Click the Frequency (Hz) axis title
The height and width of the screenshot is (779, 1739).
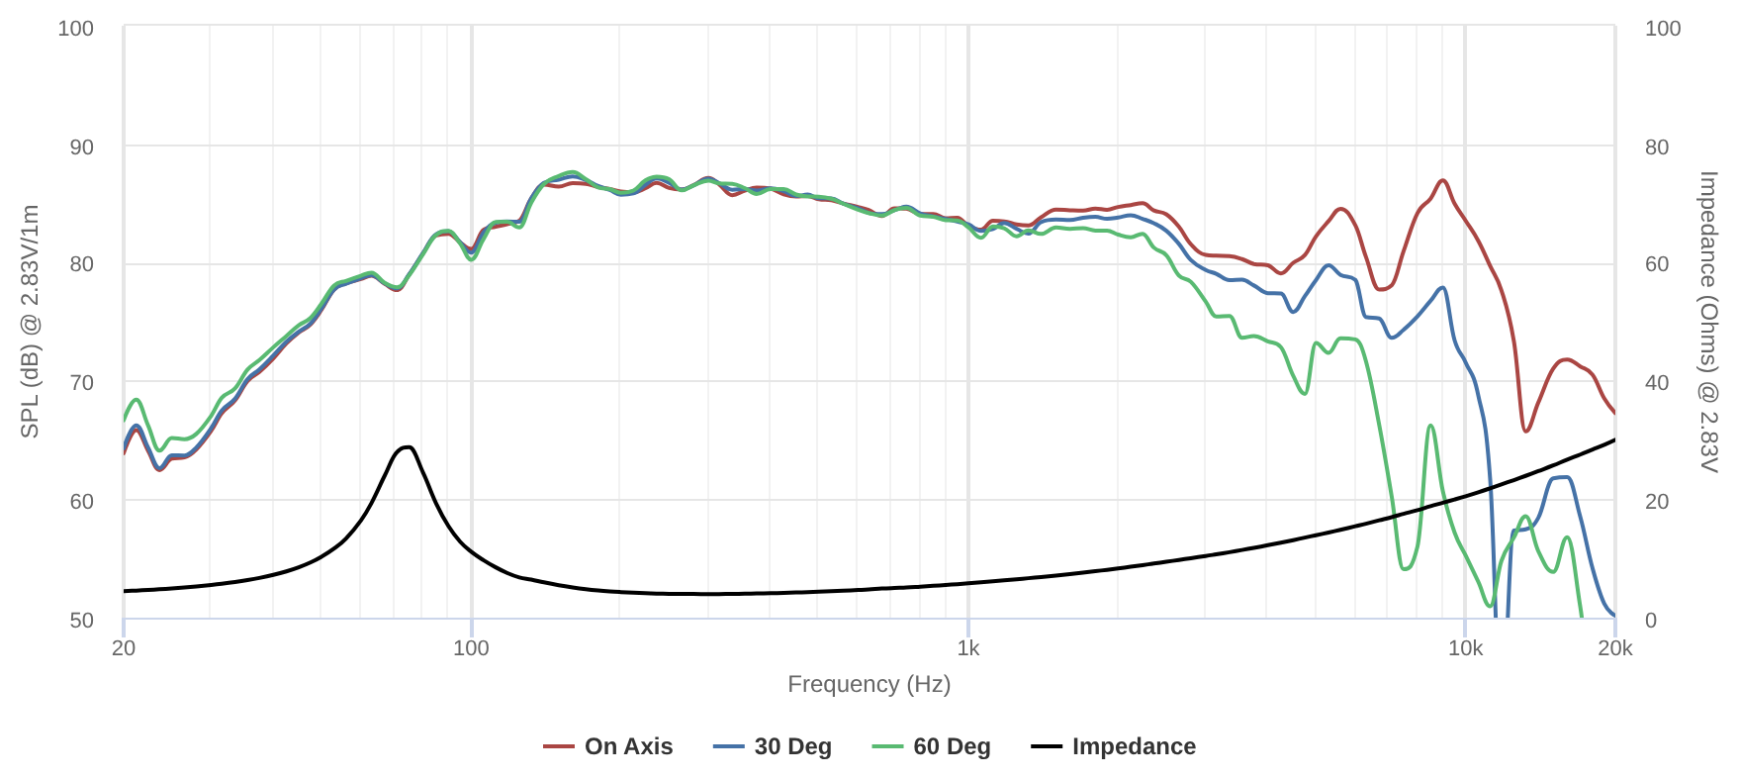pyautogui.click(x=869, y=684)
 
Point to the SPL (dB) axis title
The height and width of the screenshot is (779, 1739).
pyautogui.click(x=31, y=322)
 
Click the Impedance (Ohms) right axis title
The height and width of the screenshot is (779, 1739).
pyautogui.click(x=1708, y=322)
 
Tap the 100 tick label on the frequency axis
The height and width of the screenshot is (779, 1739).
pyautogui.click(x=471, y=648)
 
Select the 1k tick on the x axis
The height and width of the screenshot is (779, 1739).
pyautogui.click(x=968, y=648)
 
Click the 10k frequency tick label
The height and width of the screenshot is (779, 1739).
pyautogui.click(x=1465, y=648)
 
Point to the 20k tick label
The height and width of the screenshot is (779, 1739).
pyautogui.click(x=1615, y=648)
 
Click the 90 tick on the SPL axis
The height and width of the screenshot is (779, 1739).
pyautogui.click(x=81, y=146)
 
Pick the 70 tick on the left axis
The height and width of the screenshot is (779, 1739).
pyautogui.click(x=81, y=382)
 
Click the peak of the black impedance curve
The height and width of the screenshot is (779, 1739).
pyautogui.click(x=407, y=447)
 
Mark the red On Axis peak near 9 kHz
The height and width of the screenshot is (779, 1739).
pyautogui.click(x=1443, y=180)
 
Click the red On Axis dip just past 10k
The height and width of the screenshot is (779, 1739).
pyautogui.click(x=1526, y=431)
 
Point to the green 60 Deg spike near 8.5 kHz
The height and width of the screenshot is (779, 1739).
pyautogui.click(x=1430, y=426)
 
